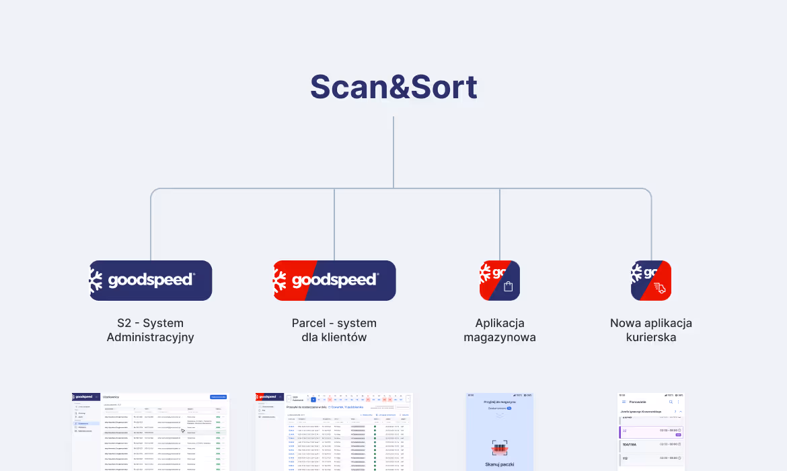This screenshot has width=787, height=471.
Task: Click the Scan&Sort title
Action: pyautogui.click(x=394, y=87)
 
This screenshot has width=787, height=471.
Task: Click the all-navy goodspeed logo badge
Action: pyautogui.click(x=151, y=280)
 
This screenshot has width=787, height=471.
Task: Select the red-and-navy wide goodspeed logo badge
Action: pyautogui.click(x=334, y=280)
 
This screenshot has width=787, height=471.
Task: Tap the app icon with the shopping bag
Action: pyautogui.click(x=499, y=280)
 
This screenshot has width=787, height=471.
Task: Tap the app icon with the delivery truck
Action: pyautogui.click(x=651, y=280)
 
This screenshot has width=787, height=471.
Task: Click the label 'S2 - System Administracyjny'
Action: pyautogui.click(x=150, y=330)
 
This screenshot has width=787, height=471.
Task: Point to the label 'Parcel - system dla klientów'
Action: pyautogui.click(x=334, y=330)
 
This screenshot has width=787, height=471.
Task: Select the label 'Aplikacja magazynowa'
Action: pyautogui.click(x=500, y=330)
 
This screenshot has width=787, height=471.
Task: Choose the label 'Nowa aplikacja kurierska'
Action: pyautogui.click(x=651, y=330)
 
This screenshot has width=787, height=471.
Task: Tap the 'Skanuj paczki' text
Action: pyautogui.click(x=499, y=464)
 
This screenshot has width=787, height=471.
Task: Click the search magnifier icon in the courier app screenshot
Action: pyautogui.click(x=671, y=402)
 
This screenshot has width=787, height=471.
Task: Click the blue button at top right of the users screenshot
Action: pyautogui.click(x=218, y=397)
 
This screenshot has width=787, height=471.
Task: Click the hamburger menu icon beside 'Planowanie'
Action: pyautogui.click(x=624, y=402)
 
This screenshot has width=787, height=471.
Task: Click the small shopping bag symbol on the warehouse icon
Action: pyautogui.click(x=509, y=287)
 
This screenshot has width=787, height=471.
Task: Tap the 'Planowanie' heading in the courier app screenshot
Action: pyautogui.click(x=638, y=402)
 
